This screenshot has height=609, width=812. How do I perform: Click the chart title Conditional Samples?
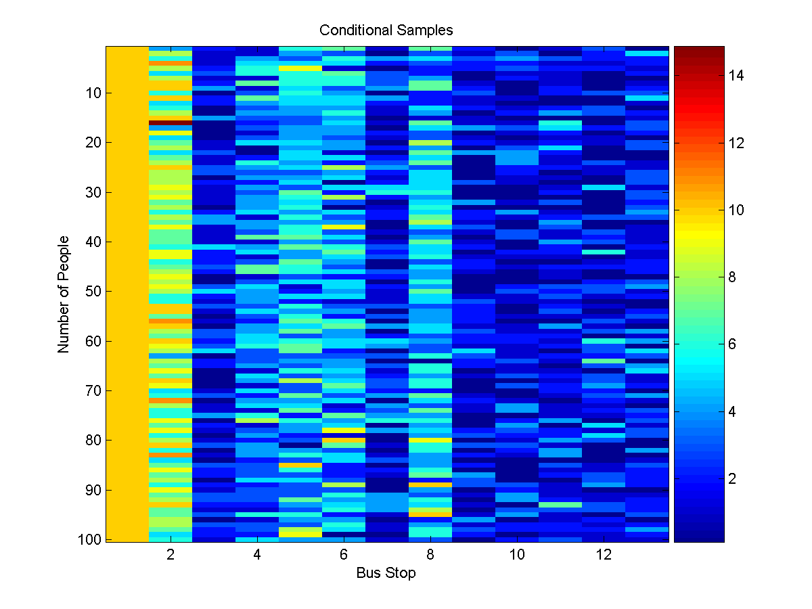coord(386,30)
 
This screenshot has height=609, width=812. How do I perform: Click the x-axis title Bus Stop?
coord(386,573)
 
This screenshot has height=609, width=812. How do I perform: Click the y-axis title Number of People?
coord(64,294)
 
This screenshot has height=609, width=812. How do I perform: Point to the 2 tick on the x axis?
coord(171,555)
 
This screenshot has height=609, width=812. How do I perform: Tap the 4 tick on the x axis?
coord(257,555)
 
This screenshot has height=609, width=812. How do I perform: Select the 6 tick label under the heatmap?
coord(344,555)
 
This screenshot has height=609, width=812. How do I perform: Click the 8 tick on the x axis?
coord(430,555)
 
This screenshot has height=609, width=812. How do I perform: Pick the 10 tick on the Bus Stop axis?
coord(517,555)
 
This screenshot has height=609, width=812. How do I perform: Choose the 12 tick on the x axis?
coord(604,555)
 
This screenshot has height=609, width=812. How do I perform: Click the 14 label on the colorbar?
coord(736,76)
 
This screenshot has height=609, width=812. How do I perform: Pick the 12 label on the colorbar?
coord(736,143)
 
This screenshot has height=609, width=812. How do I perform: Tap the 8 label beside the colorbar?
coord(733,277)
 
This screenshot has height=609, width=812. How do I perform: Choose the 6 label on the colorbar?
coord(733,344)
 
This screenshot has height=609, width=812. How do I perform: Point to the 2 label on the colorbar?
coord(733,478)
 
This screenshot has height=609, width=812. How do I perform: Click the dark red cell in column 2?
coord(171,122)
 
